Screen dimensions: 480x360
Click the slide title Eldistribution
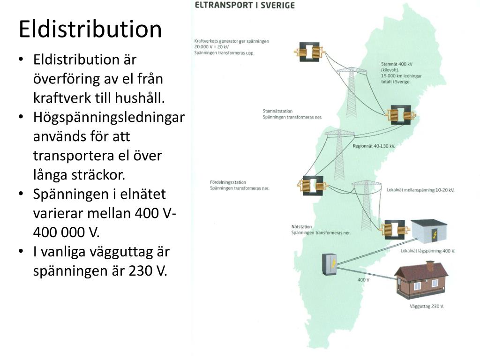(90, 29)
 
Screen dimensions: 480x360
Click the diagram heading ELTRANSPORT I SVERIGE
(245, 6)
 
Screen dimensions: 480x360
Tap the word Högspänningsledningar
(109, 117)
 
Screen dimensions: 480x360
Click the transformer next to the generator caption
(309, 52)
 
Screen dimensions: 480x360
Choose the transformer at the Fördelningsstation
(311, 185)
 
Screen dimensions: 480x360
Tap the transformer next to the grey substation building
(394, 229)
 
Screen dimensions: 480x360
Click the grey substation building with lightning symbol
(429, 232)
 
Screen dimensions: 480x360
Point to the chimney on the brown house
(430, 266)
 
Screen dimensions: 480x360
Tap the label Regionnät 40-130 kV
(374, 146)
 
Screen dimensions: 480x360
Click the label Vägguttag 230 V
(426, 306)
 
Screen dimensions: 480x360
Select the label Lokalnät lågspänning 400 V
(427, 251)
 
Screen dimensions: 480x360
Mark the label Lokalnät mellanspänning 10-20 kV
(420, 190)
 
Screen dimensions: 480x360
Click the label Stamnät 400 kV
(397, 64)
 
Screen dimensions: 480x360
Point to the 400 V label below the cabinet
(363, 280)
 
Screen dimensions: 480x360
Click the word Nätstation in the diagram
(300, 227)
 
